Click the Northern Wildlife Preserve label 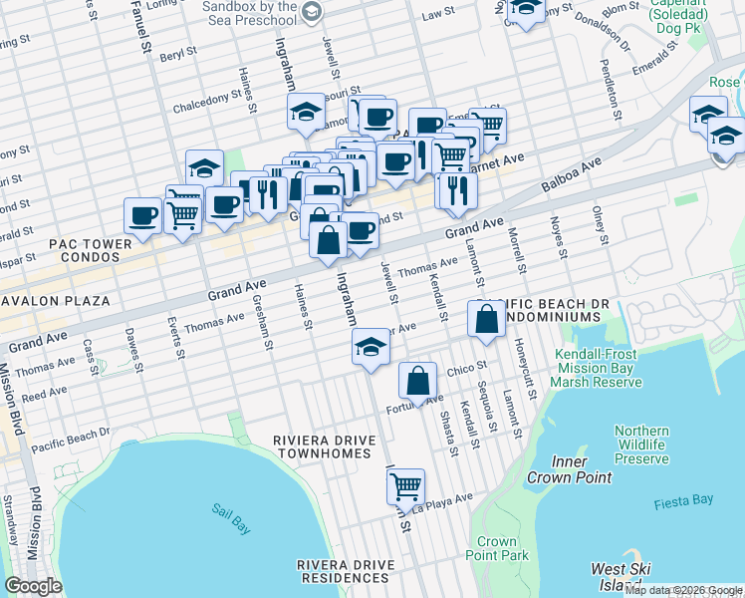640,445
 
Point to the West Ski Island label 621,575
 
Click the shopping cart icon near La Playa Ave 405,487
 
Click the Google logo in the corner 34,586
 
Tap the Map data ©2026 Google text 682,590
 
